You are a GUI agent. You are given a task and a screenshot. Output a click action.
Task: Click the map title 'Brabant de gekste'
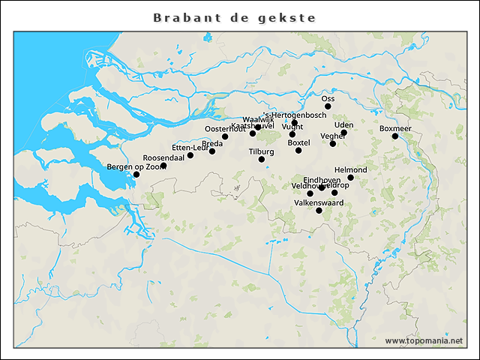click(234, 17)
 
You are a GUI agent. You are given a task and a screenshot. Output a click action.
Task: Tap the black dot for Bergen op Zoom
click(136, 175)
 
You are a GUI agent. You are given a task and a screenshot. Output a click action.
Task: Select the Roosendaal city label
click(163, 157)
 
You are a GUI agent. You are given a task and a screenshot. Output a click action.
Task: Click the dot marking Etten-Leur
click(190, 155)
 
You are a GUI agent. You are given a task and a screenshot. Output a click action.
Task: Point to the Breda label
click(212, 143)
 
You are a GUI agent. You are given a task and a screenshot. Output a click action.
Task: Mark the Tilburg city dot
click(262, 159)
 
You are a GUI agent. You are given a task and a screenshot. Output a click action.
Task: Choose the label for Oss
click(328, 98)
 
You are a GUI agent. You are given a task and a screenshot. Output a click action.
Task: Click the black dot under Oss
click(328, 106)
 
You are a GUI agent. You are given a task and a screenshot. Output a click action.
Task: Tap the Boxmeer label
click(395, 128)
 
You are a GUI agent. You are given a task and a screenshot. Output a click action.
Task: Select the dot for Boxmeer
click(395, 136)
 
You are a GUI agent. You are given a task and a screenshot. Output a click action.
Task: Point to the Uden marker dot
click(344, 133)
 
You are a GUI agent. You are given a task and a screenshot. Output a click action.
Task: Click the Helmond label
click(350, 169)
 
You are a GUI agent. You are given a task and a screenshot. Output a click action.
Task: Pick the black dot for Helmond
click(350, 178)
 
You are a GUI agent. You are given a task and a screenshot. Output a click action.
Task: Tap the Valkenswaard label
click(319, 202)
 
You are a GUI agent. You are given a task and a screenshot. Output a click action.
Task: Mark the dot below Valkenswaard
click(319, 211)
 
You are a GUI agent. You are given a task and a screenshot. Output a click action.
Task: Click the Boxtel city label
click(298, 142)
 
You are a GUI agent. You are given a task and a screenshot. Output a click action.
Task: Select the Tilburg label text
click(262, 151)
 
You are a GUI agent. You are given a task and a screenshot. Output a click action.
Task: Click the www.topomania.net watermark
click(424, 340)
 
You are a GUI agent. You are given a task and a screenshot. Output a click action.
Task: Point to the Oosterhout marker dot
click(225, 136)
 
